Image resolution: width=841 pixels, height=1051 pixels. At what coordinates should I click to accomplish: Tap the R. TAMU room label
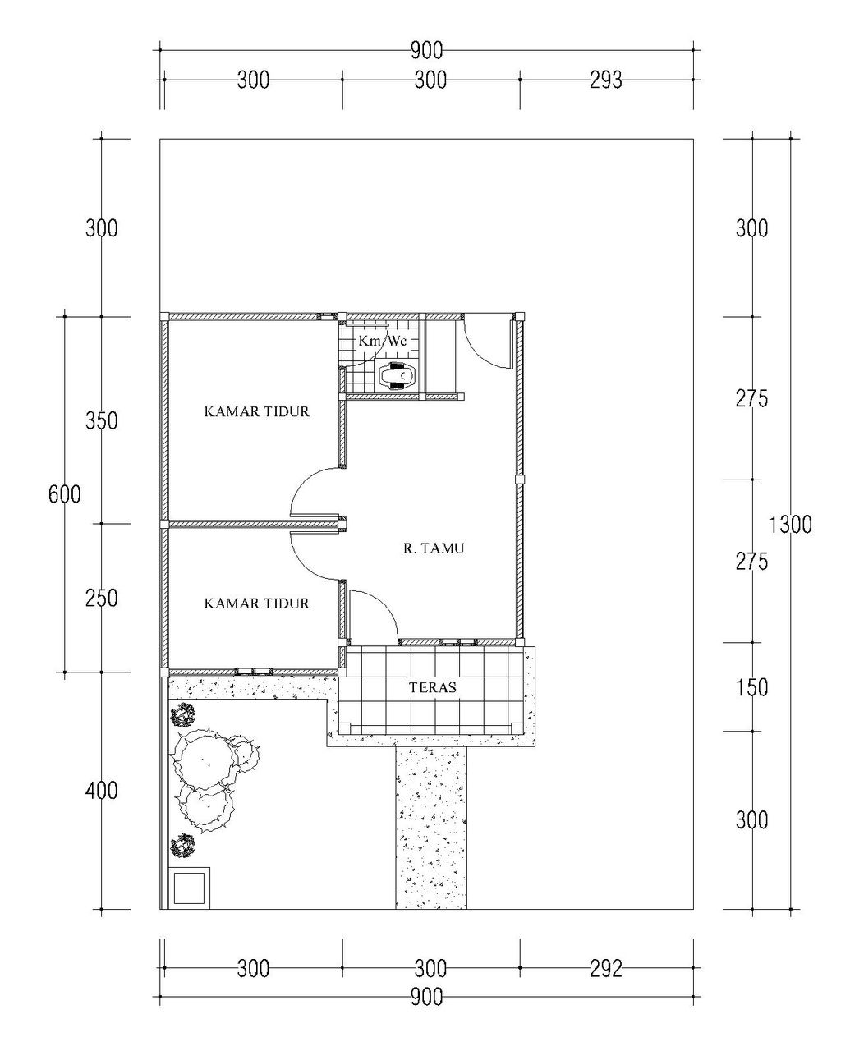pyautogui.click(x=434, y=548)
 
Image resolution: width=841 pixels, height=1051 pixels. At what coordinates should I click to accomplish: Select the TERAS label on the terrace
pyautogui.click(x=433, y=687)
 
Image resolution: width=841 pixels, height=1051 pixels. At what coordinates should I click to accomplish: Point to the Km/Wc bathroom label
pyautogui.click(x=382, y=341)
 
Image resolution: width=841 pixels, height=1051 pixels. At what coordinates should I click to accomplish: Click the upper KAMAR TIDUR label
pyautogui.click(x=256, y=411)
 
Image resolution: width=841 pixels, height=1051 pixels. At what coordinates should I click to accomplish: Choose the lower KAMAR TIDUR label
pyautogui.click(x=256, y=604)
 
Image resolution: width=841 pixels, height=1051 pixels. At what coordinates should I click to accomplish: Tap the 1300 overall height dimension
pyautogui.click(x=790, y=525)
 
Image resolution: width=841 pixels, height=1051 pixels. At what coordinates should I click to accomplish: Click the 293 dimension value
pyautogui.click(x=606, y=80)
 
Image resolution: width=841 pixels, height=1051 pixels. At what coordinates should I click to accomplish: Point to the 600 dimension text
pyautogui.click(x=65, y=495)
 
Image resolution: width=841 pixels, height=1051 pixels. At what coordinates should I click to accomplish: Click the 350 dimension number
pyautogui.click(x=102, y=421)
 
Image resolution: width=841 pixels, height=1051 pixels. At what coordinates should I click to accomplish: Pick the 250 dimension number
pyautogui.click(x=102, y=599)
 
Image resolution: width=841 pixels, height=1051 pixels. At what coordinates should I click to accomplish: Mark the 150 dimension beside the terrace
pyautogui.click(x=751, y=687)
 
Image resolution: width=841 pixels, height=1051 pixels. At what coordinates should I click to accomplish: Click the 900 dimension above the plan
pyautogui.click(x=426, y=50)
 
